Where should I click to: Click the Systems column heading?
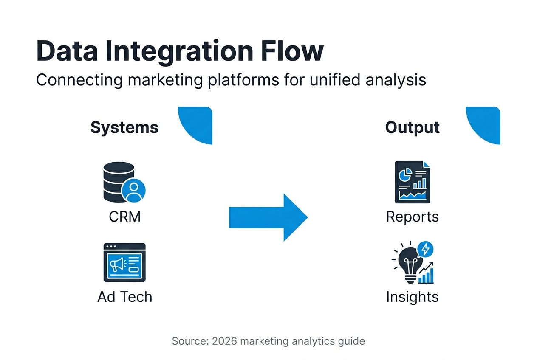tap(124, 127)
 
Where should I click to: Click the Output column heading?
tap(412, 127)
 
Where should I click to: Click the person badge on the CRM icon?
tap(133, 190)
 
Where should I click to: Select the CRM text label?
tap(124, 217)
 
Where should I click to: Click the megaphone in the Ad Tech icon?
tap(117, 264)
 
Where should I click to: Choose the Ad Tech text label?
tap(124, 297)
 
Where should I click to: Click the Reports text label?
tap(412, 217)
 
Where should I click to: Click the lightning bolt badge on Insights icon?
tap(425, 249)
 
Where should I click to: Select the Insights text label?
tap(412, 297)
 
